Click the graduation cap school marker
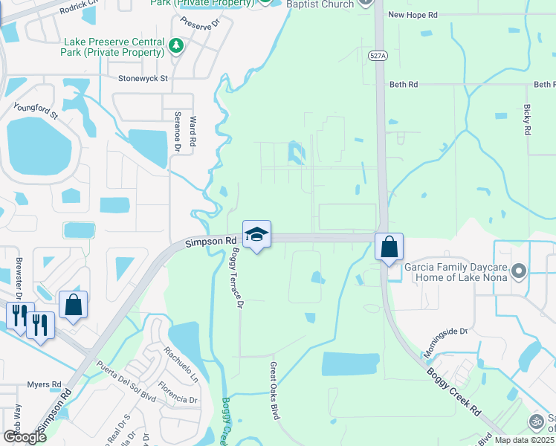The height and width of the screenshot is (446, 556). tap(256, 234)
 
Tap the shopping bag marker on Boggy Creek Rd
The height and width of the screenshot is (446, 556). tap(389, 247)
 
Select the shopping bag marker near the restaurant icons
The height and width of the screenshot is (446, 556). tap(73, 304)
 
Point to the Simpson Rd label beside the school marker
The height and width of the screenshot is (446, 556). tap(210, 242)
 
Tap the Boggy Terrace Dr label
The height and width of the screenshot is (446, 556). tap(236, 279)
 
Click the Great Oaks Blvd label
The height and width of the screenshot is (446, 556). tap(274, 390)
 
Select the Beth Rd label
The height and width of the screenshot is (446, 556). tap(403, 85)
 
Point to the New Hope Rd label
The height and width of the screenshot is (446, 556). tap(413, 14)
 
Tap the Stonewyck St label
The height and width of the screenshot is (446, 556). tap(143, 77)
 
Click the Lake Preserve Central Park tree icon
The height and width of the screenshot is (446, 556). tap(176, 47)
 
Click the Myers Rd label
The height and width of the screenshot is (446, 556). tap(45, 384)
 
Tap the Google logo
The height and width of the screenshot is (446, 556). tap(25, 436)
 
